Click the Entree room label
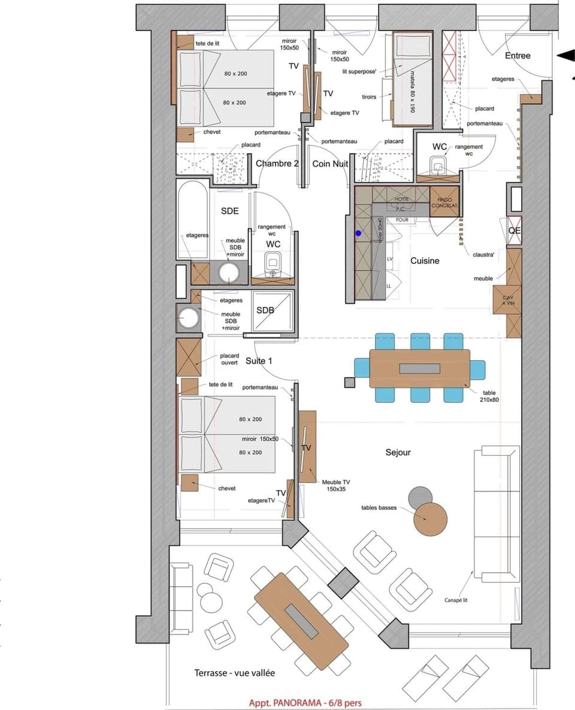[517, 56]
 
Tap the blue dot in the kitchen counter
[358, 233]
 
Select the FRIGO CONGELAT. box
[444, 203]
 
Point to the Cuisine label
[425, 261]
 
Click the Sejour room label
[398, 452]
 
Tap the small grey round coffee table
[420, 498]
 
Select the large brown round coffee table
[430, 519]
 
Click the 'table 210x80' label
[489, 396]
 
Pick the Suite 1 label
[259, 361]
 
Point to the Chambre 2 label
[277, 164]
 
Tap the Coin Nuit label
[331, 164]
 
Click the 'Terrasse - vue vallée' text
[235, 673]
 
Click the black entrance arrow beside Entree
[565, 56]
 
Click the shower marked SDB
[273, 311]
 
